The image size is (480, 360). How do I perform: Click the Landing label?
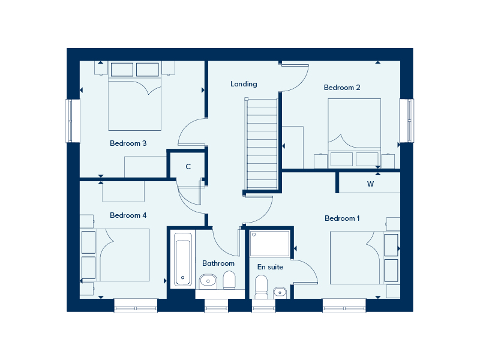click(x=244, y=84)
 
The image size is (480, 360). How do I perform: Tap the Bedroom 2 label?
click(x=342, y=88)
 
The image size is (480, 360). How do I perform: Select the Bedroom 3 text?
click(x=128, y=143)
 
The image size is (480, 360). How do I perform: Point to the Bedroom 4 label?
click(x=128, y=215)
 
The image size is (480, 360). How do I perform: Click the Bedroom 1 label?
click(x=342, y=218)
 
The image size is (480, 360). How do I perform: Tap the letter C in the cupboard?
click(x=188, y=167)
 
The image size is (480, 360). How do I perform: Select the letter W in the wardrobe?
click(x=370, y=184)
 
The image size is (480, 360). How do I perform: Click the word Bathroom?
click(x=218, y=263)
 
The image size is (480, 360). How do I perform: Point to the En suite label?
click(x=271, y=267)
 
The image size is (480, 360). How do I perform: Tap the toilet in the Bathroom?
click(x=229, y=281)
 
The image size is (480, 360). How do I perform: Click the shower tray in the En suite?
click(x=269, y=244)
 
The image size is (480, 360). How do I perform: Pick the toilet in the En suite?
click(x=261, y=287)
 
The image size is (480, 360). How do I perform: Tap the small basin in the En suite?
click(x=280, y=292)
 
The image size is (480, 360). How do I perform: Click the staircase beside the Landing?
click(x=262, y=144)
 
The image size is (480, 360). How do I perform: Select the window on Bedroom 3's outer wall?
click(x=70, y=121)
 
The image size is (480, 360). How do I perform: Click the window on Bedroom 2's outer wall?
click(x=410, y=121)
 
